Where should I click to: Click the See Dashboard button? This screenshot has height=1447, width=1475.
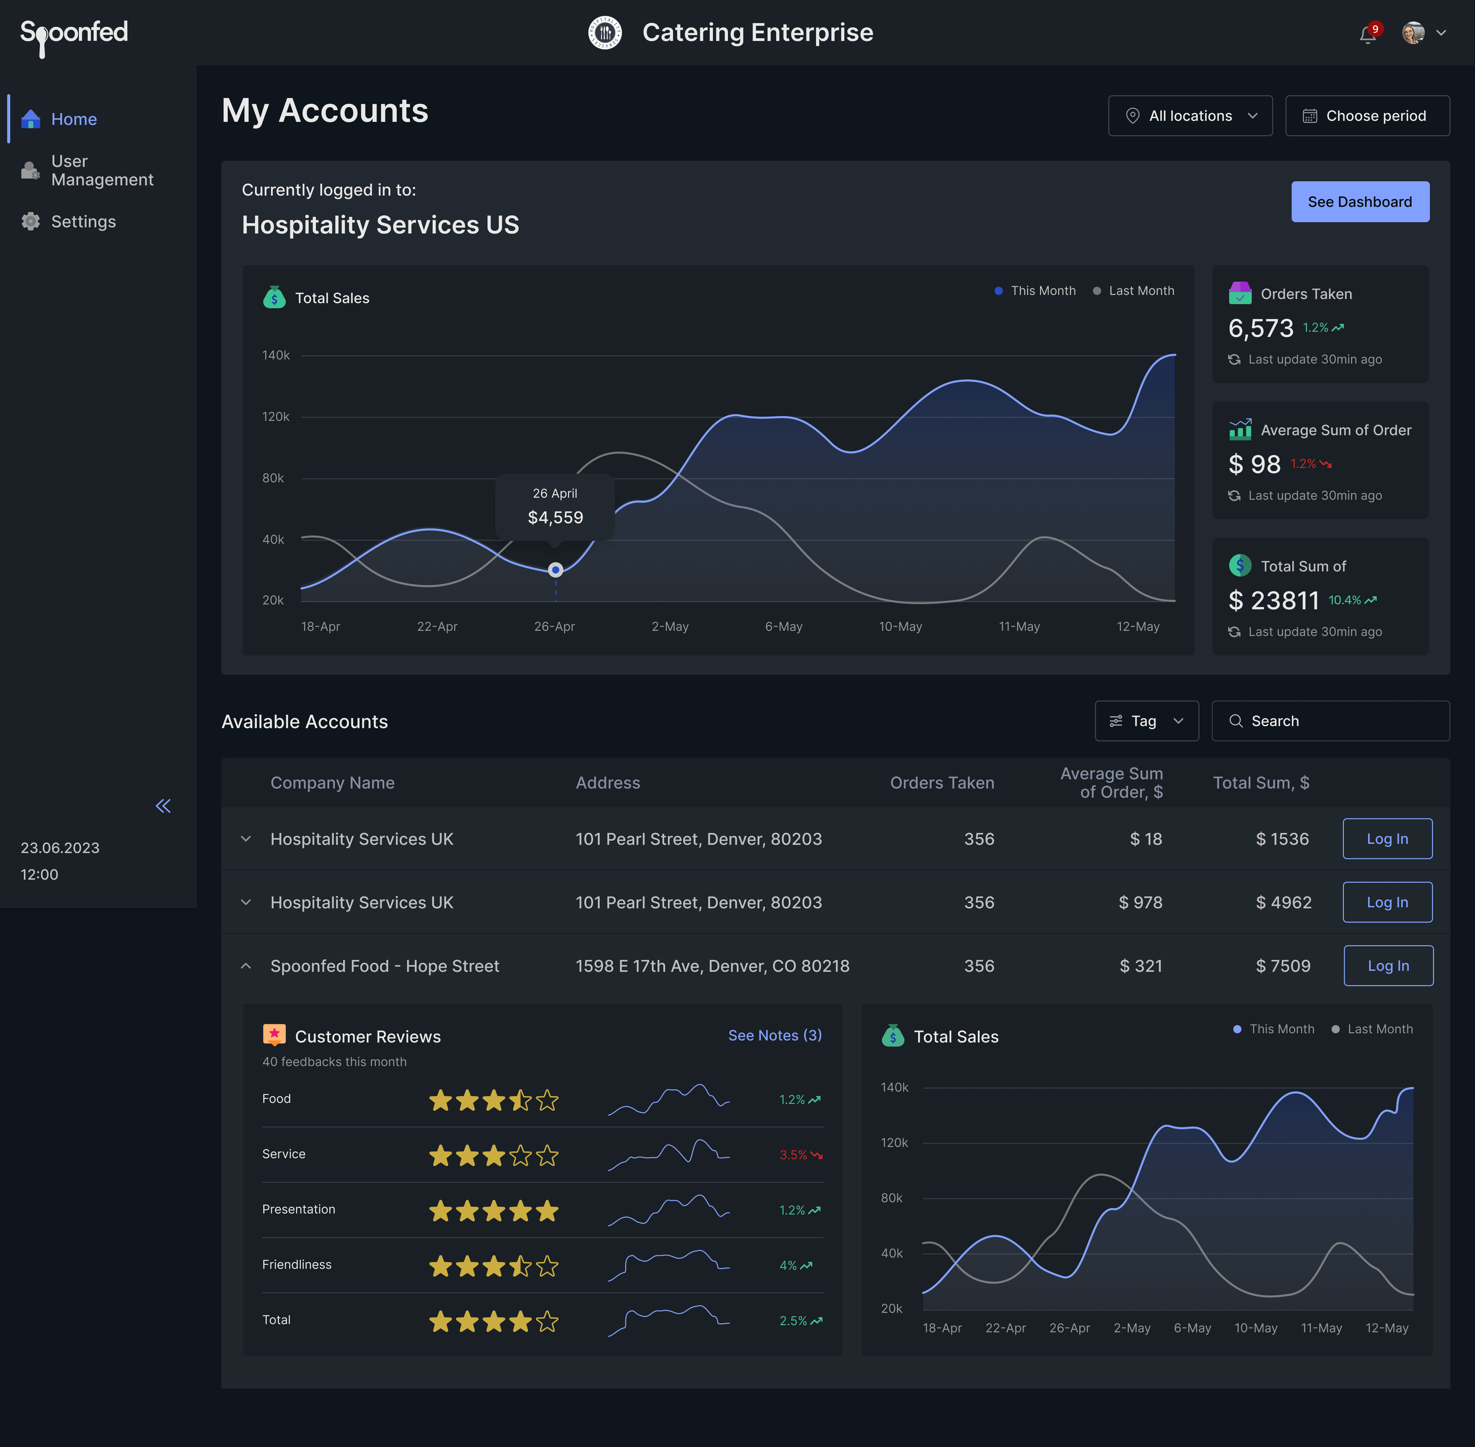coord(1359,201)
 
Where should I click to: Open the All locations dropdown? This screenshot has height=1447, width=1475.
coord(1190,116)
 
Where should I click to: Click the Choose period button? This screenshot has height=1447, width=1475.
coord(1367,116)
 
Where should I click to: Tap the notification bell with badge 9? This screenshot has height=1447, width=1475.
coord(1368,34)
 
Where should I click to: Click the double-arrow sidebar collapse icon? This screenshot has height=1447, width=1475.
coord(163,806)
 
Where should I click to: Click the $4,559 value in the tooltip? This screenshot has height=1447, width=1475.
coord(555,518)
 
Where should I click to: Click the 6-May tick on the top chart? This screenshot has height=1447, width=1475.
coord(783,626)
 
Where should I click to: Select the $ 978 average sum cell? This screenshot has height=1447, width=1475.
coord(1140,902)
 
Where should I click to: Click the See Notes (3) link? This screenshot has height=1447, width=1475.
coord(774,1035)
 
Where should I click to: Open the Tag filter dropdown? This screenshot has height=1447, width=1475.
coord(1146,720)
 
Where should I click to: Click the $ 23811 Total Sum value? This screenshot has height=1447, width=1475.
coord(1274,600)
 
